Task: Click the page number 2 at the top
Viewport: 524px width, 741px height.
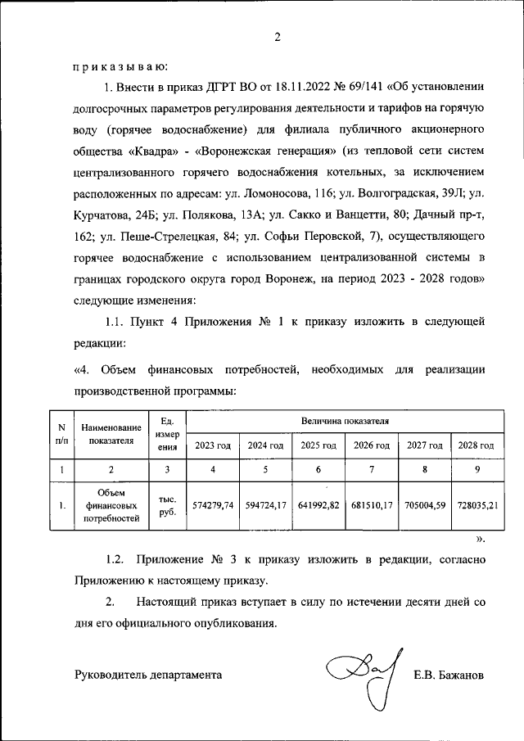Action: click(x=277, y=37)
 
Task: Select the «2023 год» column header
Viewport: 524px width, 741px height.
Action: click(x=213, y=445)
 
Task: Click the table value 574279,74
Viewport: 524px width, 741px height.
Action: click(x=213, y=505)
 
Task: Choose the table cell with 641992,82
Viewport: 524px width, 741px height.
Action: click(x=318, y=505)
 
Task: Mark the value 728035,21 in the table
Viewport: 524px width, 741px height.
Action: click(x=477, y=505)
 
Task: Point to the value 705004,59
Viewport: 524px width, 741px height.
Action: click(x=424, y=505)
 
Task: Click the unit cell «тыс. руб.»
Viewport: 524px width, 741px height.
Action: click(x=166, y=505)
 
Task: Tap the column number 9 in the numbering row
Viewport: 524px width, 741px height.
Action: click(x=477, y=469)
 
